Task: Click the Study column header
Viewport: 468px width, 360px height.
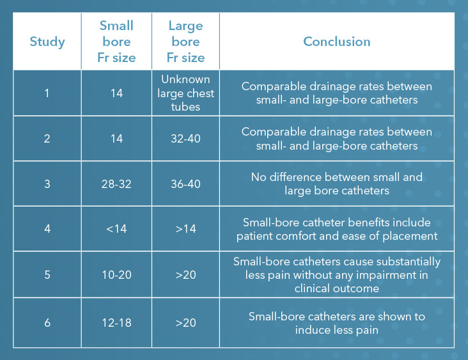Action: pos(47,42)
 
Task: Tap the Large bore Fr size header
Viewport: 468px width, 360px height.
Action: pos(185,42)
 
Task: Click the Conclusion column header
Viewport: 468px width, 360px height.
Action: pos(336,42)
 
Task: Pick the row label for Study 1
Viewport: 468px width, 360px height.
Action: pos(47,93)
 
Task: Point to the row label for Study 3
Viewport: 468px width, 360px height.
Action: pos(47,184)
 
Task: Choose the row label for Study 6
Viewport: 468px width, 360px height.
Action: pos(47,322)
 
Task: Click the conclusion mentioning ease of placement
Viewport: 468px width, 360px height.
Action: pos(336,229)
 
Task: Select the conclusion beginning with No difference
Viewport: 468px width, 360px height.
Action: pos(336,184)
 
